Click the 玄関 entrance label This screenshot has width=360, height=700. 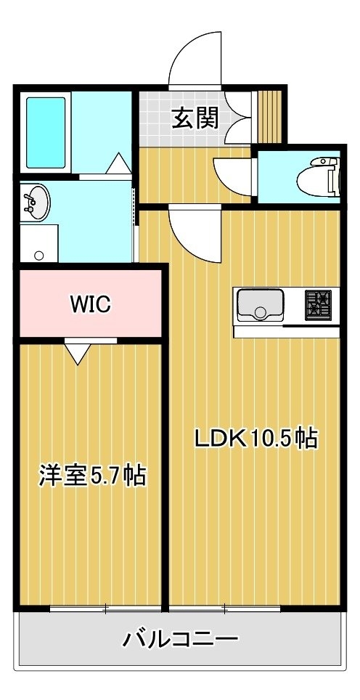[196, 118]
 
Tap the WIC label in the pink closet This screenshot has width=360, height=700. [90, 305]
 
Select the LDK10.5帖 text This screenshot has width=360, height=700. [255, 439]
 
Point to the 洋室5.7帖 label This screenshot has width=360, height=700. [93, 476]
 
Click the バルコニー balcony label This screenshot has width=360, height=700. [181, 639]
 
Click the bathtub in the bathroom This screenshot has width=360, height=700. [46, 133]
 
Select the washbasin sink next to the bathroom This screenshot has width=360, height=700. [35, 203]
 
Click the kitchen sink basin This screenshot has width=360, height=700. [260, 305]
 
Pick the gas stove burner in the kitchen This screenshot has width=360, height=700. [318, 305]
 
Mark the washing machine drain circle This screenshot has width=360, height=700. [39, 256]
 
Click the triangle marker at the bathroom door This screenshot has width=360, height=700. [118, 163]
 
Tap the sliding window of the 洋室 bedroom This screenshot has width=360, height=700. [106, 608]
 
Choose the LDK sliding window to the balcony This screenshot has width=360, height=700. [224, 608]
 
